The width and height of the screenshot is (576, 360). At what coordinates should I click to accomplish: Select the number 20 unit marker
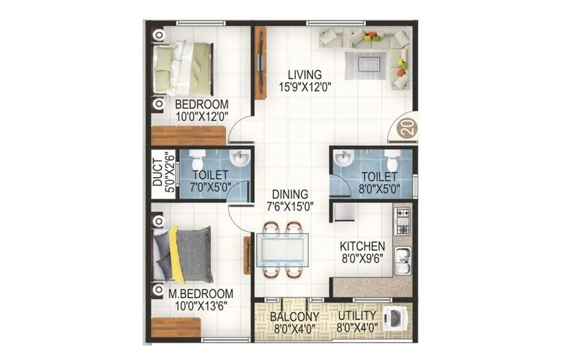coord(407,130)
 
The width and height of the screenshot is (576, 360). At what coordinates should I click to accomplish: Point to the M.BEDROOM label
coord(201,294)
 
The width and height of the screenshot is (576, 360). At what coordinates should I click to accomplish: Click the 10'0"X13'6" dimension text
coord(201,307)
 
